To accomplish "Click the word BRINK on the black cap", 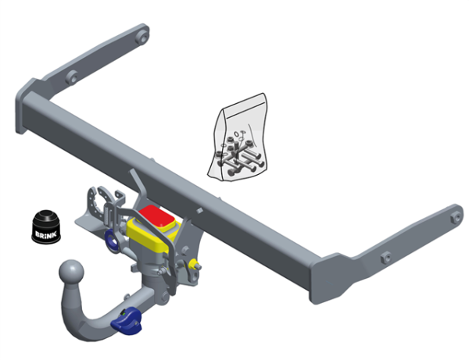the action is tap(46, 234).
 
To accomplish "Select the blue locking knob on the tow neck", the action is tap(127, 322).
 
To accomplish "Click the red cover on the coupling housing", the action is tap(157, 216).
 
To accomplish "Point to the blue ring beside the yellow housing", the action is tap(113, 241).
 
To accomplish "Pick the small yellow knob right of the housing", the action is tap(195, 265).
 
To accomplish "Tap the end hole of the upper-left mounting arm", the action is tap(142, 37).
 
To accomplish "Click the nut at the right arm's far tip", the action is tap(456, 217).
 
